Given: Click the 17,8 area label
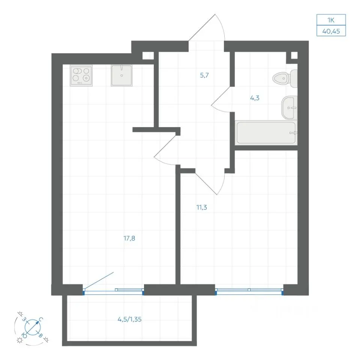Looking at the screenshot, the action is (x=129, y=238).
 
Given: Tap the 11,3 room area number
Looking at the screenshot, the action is (x=202, y=207).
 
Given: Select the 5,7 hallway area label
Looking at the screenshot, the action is (x=204, y=75).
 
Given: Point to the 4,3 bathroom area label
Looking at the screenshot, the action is (x=255, y=98).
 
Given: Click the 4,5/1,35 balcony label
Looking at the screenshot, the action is (x=129, y=319).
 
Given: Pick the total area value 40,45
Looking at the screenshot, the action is (x=331, y=31).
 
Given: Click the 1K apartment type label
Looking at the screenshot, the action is (x=331, y=20).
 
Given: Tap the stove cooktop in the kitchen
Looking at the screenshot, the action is (x=81, y=75).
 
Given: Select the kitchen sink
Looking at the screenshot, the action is (x=121, y=75).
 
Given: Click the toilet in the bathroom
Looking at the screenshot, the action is (x=285, y=78).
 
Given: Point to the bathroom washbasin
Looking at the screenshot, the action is (x=289, y=108).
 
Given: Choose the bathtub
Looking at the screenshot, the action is (x=266, y=133).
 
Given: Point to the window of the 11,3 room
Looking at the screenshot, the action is (x=249, y=291).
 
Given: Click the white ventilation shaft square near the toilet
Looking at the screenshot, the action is (x=294, y=55).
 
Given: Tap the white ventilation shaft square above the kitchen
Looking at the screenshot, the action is (x=148, y=56).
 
